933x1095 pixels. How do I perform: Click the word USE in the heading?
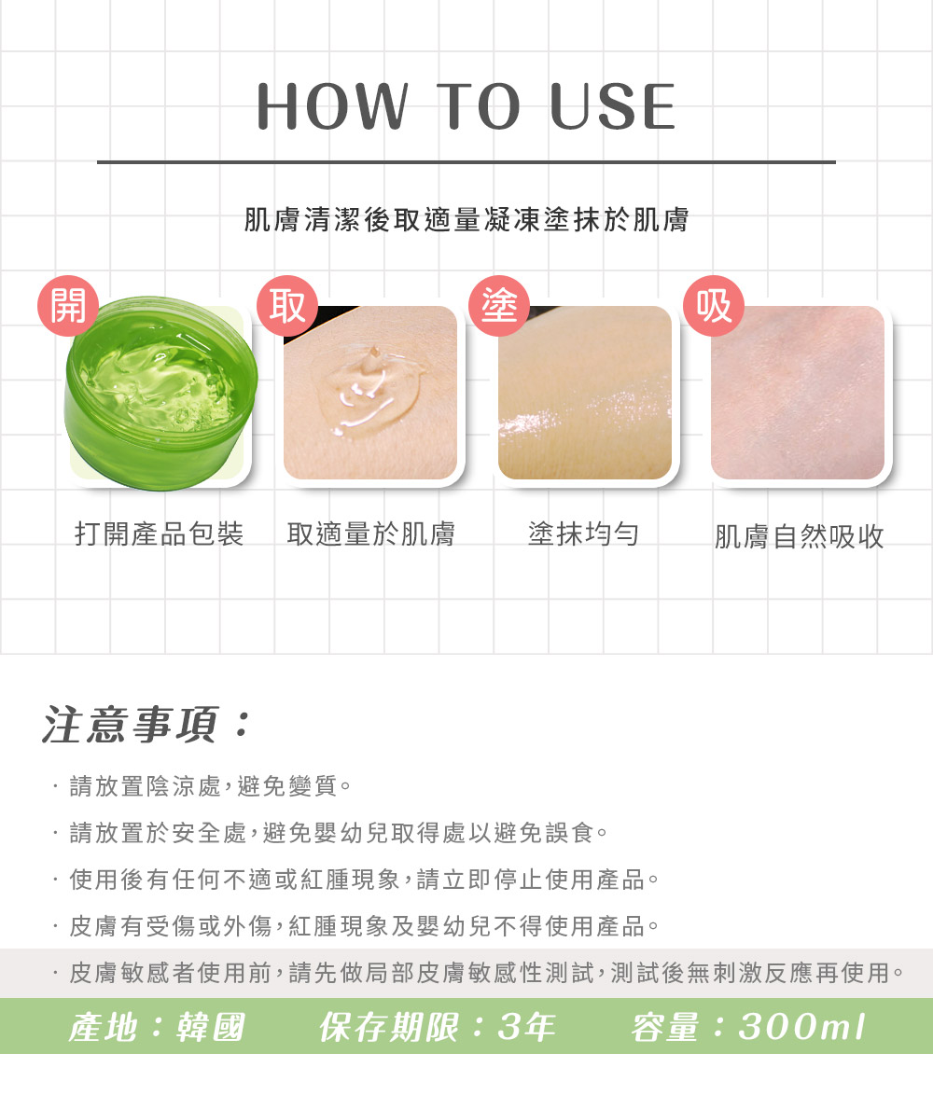612,106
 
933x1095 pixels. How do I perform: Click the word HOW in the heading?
332,106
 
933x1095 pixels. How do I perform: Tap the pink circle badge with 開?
68,305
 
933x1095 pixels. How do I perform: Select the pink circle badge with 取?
287,305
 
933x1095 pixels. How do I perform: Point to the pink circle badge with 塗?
499,305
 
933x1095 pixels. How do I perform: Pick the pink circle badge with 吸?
714,305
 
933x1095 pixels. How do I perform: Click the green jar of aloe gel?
160,393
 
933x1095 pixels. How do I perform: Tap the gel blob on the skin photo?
370,390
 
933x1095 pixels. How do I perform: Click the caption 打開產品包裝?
160,534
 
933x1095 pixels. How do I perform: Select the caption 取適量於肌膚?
370,534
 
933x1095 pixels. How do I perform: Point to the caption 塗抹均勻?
584,534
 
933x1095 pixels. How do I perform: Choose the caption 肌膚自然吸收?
799,537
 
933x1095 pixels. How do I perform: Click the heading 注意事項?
130,724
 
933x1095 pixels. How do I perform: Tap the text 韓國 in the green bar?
211,1027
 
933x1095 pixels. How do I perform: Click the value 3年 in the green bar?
526,1027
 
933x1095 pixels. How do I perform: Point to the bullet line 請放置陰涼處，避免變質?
210,786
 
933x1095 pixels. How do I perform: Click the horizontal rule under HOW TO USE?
466,162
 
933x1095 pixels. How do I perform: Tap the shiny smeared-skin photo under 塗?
585,393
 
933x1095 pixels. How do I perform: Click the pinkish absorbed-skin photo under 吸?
798,393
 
